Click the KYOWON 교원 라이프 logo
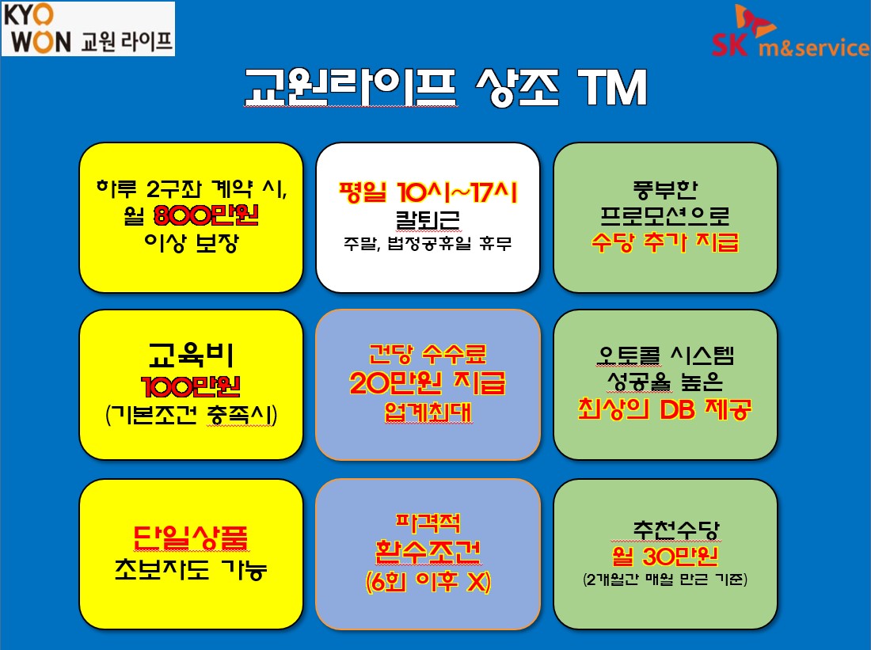[x=88, y=29]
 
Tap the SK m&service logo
[x=791, y=32]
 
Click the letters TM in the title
[x=613, y=87]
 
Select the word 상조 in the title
[x=517, y=87]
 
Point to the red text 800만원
[x=206, y=215]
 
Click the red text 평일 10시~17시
[x=428, y=192]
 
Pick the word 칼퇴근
[x=428, y=220]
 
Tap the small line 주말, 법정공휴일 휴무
[x=427, y=243]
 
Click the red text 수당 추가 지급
[x=665, y=242]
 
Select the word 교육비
[x=191, y=355]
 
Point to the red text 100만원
[x=191, y=386]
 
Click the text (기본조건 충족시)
[x=191, y=415]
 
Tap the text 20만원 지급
[x=428, y=382]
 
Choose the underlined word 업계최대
[x=428, y=412]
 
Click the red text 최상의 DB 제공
[x=665, y=409]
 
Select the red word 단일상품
[x=191, y=538]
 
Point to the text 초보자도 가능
[x=191, y=569]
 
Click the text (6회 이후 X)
[x=428, y=582]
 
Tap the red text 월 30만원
[x=665, y=556]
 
